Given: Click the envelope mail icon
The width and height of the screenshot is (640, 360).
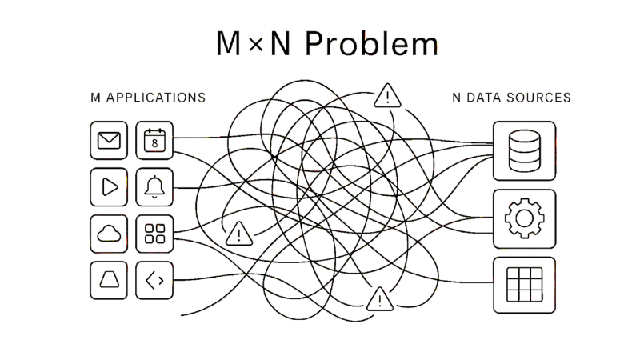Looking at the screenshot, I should point(108,142).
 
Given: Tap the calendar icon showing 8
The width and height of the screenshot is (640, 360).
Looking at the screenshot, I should point(154,142).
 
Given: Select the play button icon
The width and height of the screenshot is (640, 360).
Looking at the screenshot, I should point(108,187).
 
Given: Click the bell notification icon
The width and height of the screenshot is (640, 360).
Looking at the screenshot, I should point(154,187).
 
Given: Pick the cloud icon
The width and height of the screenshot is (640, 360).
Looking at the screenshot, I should point(108,234).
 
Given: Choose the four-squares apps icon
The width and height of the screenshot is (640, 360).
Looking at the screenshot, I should point(154,234).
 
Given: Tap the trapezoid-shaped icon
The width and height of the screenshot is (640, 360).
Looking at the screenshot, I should point(108,279).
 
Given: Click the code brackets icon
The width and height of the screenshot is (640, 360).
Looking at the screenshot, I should point(154,279).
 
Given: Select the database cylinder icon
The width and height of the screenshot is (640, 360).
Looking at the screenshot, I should point(524,150).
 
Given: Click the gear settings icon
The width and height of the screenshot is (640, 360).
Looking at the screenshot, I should point(524,218).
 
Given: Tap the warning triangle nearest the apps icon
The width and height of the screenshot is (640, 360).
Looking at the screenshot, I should point(238,234).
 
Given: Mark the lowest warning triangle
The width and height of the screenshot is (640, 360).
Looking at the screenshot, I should point(377,301).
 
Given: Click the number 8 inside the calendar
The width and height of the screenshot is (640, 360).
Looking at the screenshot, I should point(154,144).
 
